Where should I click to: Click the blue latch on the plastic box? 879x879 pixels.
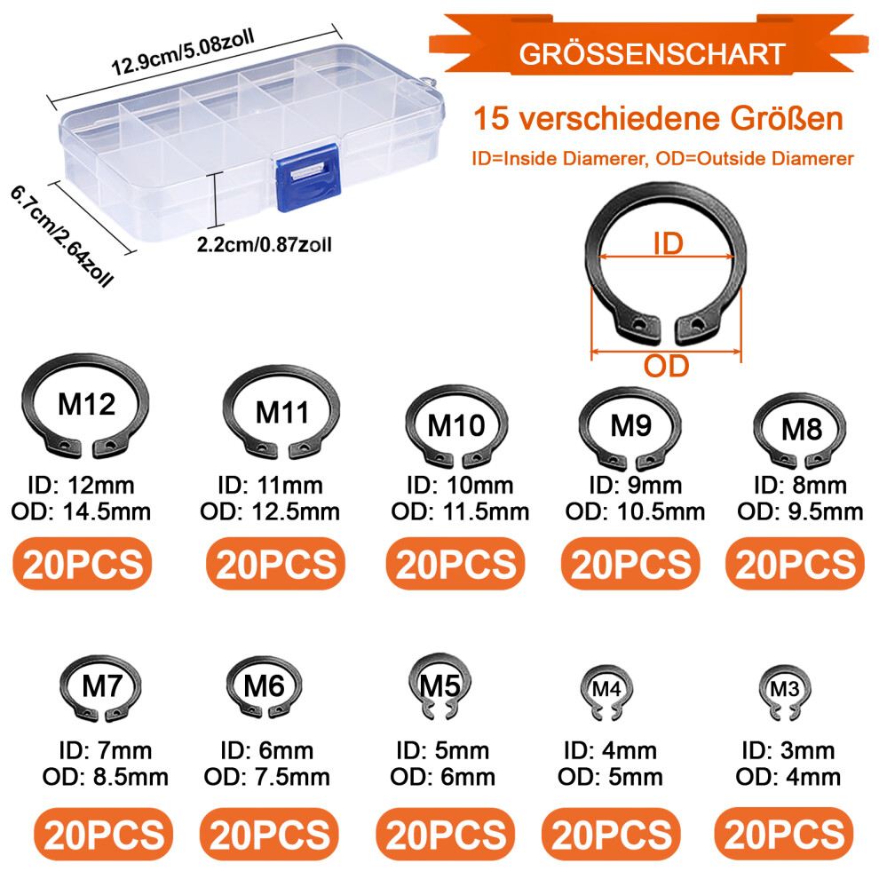[x=308, y=178]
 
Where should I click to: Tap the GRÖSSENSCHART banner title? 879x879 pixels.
[x=652, y=54]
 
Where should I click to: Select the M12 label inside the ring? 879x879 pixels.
[x=87, y=404]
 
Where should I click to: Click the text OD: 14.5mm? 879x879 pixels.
[x=82, y=511]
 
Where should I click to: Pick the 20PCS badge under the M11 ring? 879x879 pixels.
[x=276, y=564]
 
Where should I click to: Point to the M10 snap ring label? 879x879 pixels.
[x=456, y=425]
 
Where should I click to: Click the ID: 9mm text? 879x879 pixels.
[x=635, y=486]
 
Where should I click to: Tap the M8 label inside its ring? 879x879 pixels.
[x=802, y=430]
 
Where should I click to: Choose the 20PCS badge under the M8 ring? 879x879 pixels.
[x=796, y=564]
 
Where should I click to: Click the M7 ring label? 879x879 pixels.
[x=102, y=686]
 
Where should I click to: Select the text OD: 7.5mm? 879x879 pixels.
[x=267, y=777]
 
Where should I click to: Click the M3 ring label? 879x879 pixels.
[x=784, y=689]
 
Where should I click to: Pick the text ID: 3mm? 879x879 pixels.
[x=788, y=750]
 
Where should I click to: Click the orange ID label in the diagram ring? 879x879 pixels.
[x=669, y=244]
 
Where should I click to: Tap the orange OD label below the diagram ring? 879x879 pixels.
[x=666, y=366]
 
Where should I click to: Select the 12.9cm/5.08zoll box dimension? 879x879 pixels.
[x=183, y=52]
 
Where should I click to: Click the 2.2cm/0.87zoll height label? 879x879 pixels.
[x=264, y=245]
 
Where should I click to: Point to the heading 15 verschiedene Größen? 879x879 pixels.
[x=658, y=118]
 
